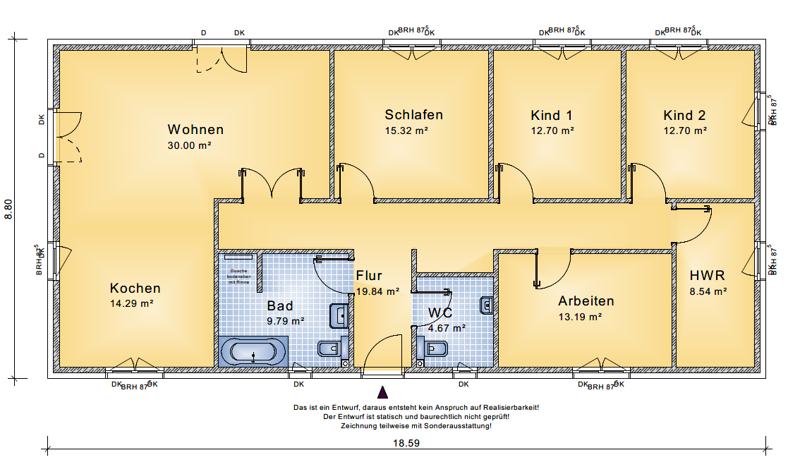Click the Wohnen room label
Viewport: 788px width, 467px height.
point(195,130)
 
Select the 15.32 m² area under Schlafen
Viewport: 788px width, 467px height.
point(406,131)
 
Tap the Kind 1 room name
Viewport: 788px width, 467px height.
point(552,115)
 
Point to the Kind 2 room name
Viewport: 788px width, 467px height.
point(684,115)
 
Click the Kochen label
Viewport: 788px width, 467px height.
point(135,289)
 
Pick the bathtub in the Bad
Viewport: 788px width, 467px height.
point(253,351)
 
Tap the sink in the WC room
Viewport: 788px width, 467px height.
point(487,305)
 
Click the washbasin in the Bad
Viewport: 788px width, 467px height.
point(339,315)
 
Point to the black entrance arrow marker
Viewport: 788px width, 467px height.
point(382,392)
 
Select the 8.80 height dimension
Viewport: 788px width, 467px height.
point(9,208)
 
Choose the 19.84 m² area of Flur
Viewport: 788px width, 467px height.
point(377,290)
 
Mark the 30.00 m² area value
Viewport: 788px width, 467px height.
point(190,145)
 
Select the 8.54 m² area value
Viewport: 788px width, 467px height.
point(708,291)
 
